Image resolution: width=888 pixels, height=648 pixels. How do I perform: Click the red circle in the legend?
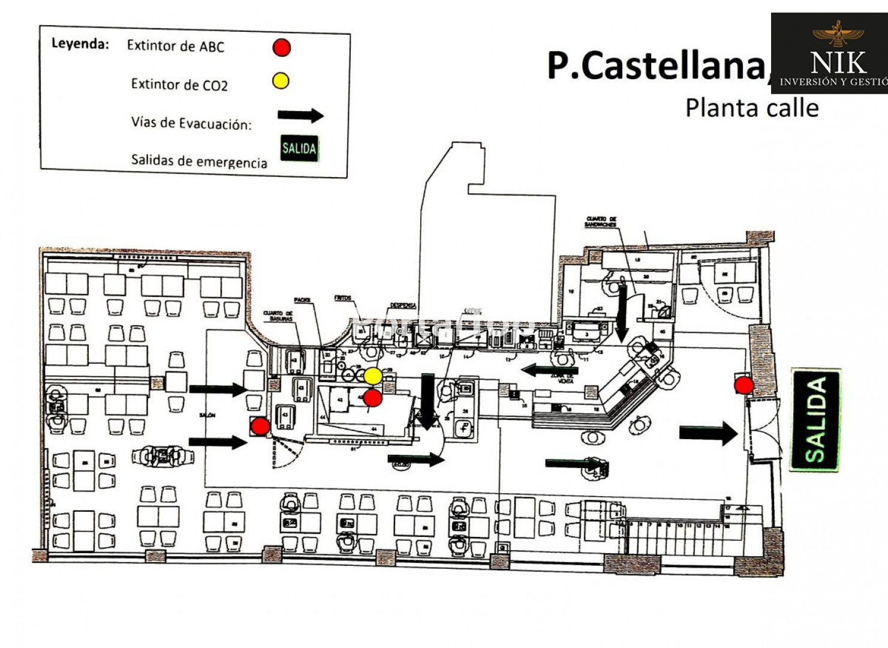(x=282, y=47)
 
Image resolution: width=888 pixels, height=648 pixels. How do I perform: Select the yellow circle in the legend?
(x=281, y=80)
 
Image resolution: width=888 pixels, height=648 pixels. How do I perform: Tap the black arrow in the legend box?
(x=300, y=115)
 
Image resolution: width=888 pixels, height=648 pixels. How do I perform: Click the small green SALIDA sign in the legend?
(x=299, y=148)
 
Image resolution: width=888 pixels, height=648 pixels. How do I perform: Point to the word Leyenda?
(x=80, y=44)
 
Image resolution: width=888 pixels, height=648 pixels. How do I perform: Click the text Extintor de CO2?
(x=179, y=85)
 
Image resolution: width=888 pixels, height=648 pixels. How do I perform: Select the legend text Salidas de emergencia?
(x=199, y=161)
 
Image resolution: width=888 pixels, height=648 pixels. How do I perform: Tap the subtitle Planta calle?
(x=752, y=108)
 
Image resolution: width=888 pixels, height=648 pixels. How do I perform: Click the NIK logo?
(x=830, y=54)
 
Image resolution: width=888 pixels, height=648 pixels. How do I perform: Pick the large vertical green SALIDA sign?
(x=815, y=419)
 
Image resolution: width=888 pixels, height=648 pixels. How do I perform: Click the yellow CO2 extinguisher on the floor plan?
(x=373, y=376)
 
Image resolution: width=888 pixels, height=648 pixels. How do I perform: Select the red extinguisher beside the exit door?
(x=744, y=385)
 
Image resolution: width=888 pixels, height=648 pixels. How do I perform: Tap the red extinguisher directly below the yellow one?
(x=373, y=397)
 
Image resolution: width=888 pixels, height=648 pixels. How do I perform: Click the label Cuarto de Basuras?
(x=278, y=316)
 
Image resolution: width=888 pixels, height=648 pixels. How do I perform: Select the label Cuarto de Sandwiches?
(x=601, y=222)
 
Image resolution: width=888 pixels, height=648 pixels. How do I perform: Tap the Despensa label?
(x=403, y=305)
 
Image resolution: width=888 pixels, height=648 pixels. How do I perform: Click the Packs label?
(x=302, y=300)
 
